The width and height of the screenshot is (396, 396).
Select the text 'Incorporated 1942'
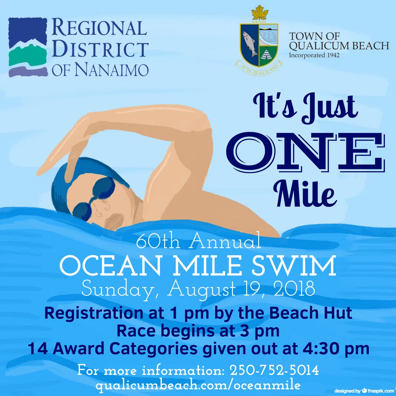[314, 55]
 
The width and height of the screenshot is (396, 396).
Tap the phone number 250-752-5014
[275, 370]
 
